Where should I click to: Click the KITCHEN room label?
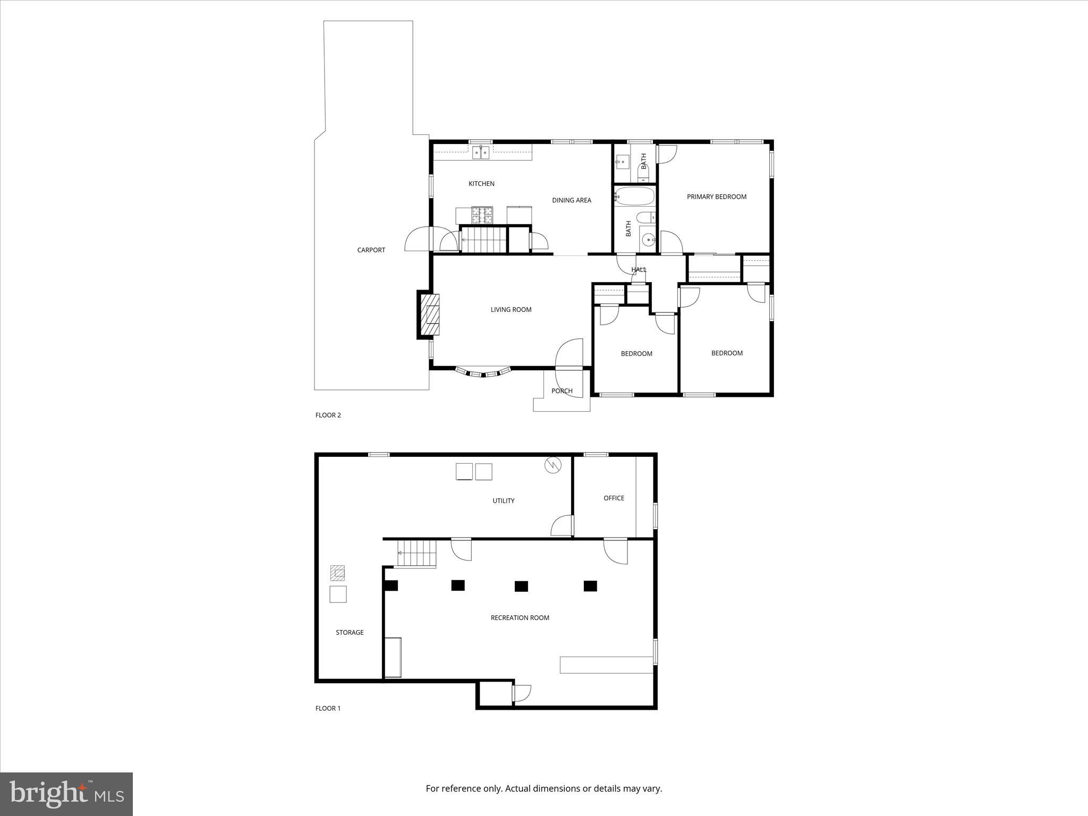(x=481, y=184)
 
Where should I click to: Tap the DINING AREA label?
(x=571, y=200)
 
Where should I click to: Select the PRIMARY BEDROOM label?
(x=716, y=197)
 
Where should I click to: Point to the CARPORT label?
(x=371, y=250)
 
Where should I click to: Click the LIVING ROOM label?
(x=511, y=310)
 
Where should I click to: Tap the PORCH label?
(x=562, y=391)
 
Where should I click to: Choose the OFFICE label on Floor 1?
(x=614, y=498)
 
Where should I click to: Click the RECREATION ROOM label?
(x=520, y=618)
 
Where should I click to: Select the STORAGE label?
(x=350, y=632)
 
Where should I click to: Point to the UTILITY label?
(x=503, y=500)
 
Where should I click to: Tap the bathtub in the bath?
(x=634, y=197)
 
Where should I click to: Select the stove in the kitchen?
(x=482, y=215)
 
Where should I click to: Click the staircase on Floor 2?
(x=483, y=240)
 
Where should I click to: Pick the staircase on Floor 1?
(x=418, y=554)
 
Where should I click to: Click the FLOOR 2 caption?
(x=328, y=415)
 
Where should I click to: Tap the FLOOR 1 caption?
(x=328, y=708)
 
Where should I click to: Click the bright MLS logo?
(x=66, y=794)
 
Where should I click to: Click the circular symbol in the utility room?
(x=552, y=465)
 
